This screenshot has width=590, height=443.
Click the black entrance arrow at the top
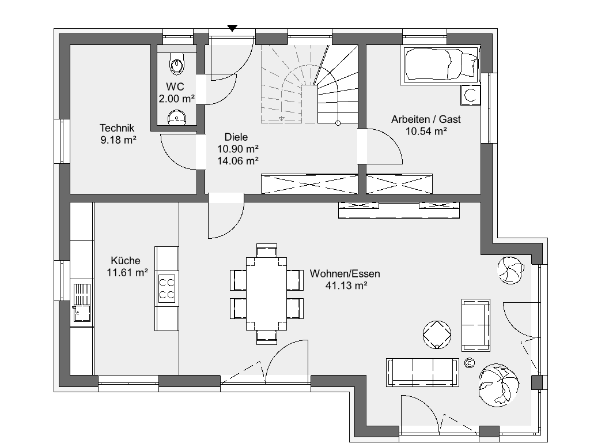232,28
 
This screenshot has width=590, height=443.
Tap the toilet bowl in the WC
177,63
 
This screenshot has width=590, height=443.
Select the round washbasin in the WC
176,117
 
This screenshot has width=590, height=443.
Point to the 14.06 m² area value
238,161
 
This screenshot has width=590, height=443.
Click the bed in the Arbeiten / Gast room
441,65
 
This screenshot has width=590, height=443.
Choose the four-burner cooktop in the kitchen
167,288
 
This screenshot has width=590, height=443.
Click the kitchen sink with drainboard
82,302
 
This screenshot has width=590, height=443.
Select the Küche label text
126,261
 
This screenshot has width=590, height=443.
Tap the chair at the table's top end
266,250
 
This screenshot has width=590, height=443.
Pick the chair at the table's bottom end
266,337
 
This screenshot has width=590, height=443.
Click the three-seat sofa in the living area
422,372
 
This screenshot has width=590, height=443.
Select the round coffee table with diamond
437,335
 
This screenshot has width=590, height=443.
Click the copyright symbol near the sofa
469,363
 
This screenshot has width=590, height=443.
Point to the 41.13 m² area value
346,286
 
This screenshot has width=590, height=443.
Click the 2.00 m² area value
176,99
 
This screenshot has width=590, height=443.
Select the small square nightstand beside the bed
470,95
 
